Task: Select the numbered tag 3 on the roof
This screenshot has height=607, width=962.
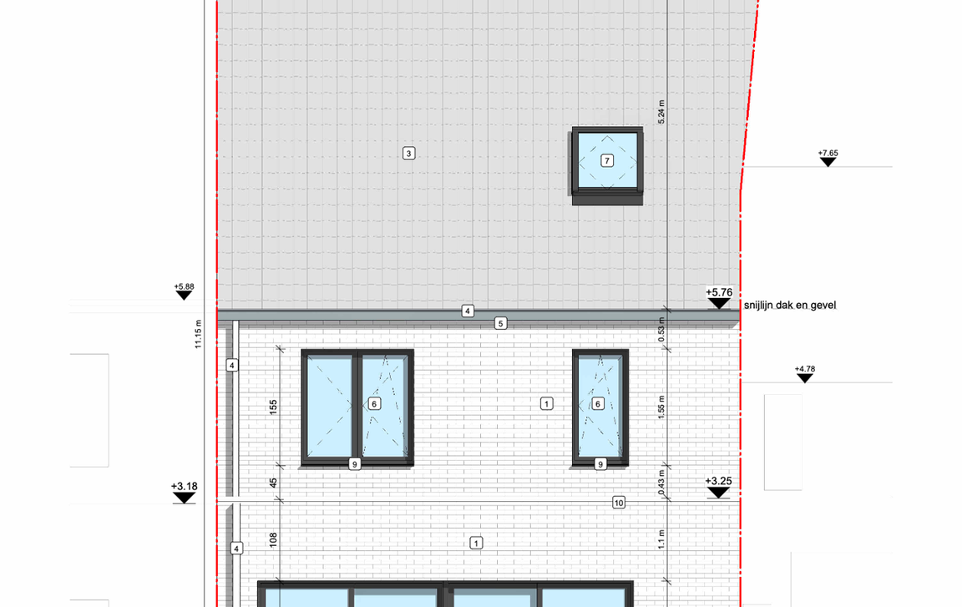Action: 408,154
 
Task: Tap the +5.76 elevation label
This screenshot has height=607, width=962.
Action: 719,292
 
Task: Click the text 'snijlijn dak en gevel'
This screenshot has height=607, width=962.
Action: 790,306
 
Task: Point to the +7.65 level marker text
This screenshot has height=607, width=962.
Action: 828,154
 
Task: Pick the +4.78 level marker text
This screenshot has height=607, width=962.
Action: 805,369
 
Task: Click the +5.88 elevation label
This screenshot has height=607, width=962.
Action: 184,286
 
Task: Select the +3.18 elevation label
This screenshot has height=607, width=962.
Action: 184,486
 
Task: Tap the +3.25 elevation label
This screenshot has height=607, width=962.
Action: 718,481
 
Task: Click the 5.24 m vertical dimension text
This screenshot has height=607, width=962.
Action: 661,112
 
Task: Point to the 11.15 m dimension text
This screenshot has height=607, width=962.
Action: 198,334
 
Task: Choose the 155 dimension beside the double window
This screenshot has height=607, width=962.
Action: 273,407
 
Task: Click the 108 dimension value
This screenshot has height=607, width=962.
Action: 273,539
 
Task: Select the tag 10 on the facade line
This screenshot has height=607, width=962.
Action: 619,503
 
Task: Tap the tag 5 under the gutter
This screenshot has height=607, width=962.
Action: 501,323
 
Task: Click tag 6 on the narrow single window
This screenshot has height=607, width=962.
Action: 598,403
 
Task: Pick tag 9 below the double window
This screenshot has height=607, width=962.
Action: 355,464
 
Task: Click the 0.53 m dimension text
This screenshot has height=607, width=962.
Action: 661,330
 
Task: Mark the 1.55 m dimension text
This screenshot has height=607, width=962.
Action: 661,407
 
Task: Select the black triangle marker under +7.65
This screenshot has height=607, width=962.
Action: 828,162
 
